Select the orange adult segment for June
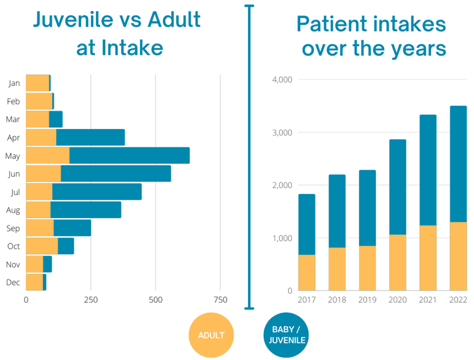click(x=44, y=174)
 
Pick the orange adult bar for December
click(x=34, y=282)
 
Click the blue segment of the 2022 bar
click(x=458, y=163)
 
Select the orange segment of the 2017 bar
click(x=307, y=272)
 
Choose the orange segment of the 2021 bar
click(x=428, y=258)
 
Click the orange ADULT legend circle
click(x=211, y=335)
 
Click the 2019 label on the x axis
click(x=367, y=299)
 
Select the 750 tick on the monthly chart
click(x=220, y=300)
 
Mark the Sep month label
click(x=14, y=229)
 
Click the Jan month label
click(x=14, y=83)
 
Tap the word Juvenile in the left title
click(x=76, y=20)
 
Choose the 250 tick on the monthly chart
click(x=91, y=300)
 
